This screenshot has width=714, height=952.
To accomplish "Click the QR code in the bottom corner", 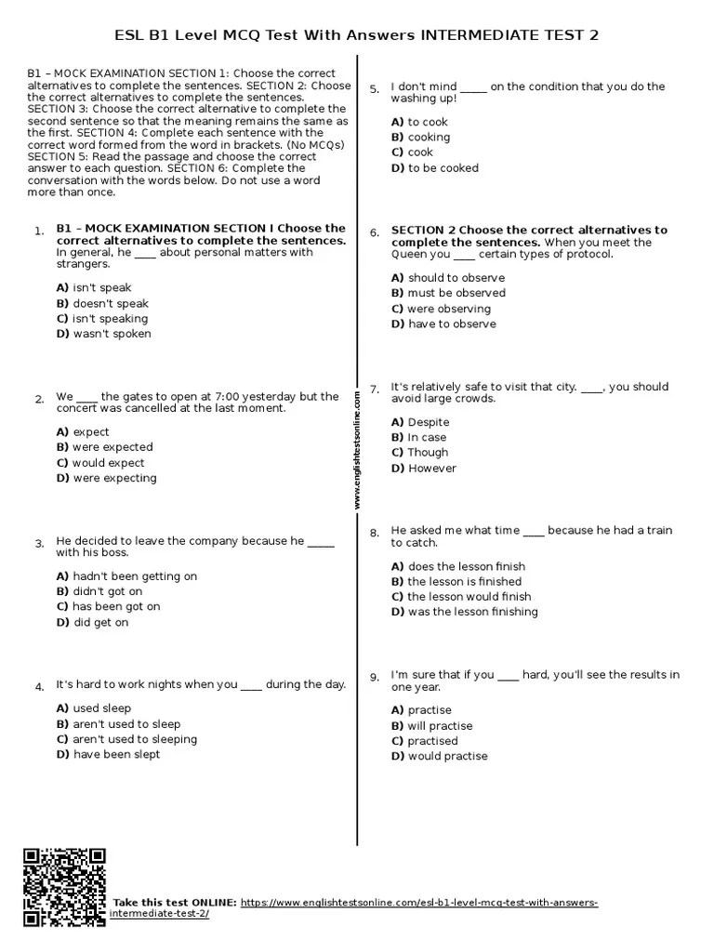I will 64,888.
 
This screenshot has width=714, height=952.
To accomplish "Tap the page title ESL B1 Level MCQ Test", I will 356,35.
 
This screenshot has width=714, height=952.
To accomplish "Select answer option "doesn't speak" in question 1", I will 102,303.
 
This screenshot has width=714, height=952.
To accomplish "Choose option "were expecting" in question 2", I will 106,478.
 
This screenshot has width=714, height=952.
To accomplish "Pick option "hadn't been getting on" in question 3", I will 126,576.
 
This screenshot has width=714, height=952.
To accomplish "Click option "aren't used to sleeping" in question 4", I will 126,739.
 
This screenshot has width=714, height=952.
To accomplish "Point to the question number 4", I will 40,687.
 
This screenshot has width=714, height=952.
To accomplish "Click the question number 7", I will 374,389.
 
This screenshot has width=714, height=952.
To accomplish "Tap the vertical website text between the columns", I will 356,450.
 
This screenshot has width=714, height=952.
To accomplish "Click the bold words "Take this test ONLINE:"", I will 175,903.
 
